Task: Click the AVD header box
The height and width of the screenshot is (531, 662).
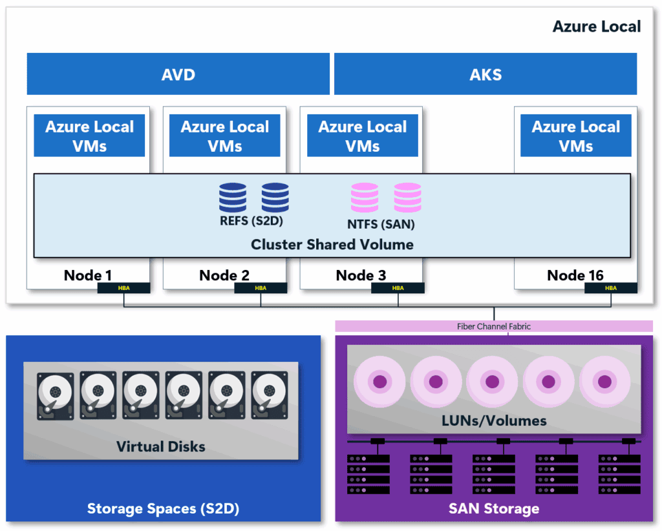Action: coord(178,74)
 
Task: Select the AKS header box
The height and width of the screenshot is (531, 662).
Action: coord(485,74)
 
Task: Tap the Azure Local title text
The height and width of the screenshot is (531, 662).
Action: coord(596,26)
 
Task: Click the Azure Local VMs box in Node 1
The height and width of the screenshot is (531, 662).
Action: coord(89,136)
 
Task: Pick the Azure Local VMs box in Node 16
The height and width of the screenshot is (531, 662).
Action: coord(575,136)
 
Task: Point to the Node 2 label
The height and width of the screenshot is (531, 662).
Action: coord(224,276)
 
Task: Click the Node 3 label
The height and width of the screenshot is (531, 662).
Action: coord(361,276)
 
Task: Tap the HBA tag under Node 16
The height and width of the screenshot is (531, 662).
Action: coord(610,288)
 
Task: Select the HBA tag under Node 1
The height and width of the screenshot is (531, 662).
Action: coord(123,288)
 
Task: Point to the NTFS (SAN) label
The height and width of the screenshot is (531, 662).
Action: coord(381,225)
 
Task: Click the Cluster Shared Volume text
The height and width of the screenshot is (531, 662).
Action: coord(332,245)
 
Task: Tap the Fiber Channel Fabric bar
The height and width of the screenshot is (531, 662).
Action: coord(494,326)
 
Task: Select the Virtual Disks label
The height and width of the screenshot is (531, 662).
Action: coord(160,446)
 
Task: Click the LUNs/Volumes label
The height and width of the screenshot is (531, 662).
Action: coord(494,421)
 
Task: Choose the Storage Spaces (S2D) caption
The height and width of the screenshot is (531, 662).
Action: coord(163,509)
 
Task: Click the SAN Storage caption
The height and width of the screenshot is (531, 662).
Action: coord(494,509)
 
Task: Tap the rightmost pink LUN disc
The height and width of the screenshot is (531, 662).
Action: coord(604,382)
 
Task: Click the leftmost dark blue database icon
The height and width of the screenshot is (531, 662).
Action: coord(233,198)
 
